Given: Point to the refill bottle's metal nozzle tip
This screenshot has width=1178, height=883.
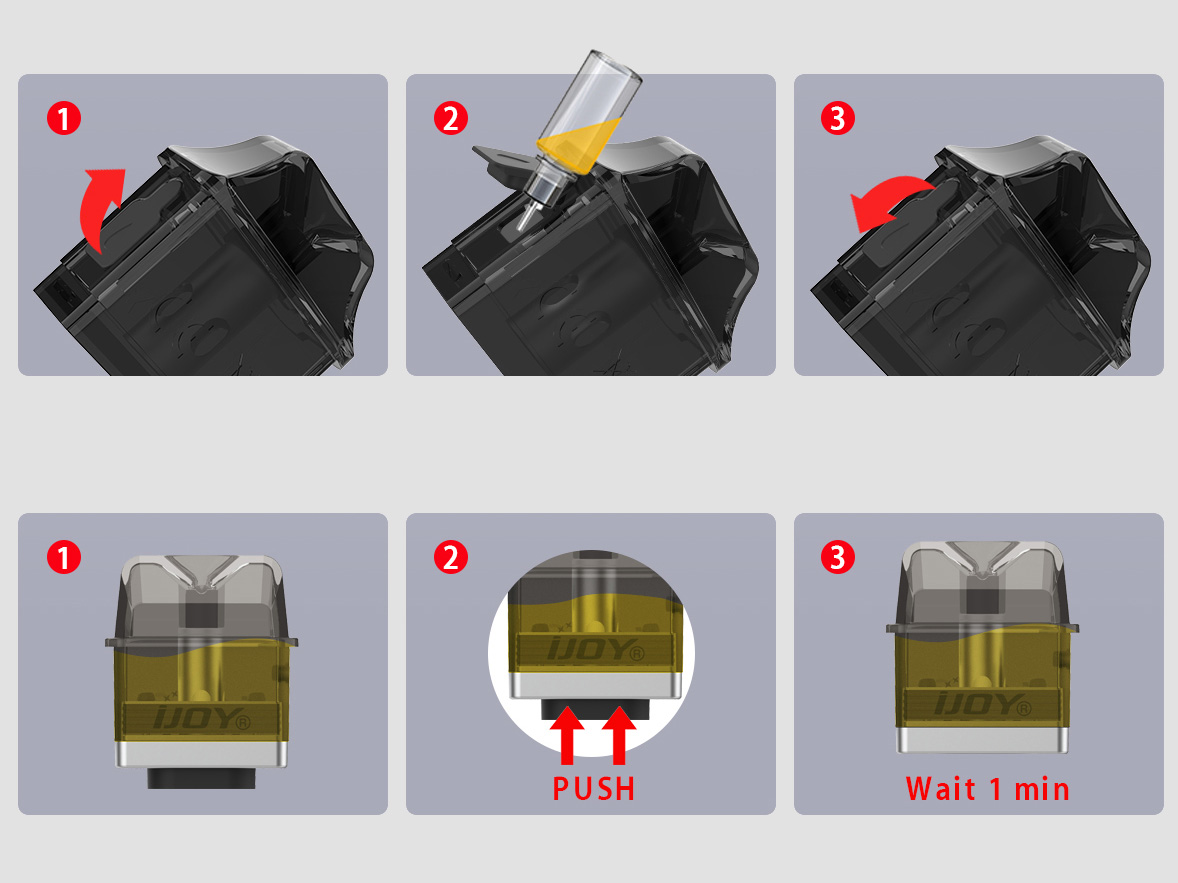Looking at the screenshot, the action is click(x=527, y=217).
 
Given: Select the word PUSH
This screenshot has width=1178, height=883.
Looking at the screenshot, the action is click(x=594, y=788).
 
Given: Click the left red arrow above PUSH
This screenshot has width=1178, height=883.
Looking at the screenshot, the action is click(x=567, y=735).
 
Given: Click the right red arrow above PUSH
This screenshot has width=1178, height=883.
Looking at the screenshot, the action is click(x=619, y=735).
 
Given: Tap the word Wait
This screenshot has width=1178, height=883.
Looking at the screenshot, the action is click(x=941, y=788).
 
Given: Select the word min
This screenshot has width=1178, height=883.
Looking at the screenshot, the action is click(x=1042, y=789).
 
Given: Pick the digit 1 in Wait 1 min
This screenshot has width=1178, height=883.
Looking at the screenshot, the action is click(x=995, y=789).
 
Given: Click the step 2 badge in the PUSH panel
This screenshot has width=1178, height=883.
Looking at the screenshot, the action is click(x=451, y=558).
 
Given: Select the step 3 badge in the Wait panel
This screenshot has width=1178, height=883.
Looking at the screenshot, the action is click(x=838, y=558).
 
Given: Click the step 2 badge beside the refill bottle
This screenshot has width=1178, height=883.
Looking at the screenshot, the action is click(x=451, y=118).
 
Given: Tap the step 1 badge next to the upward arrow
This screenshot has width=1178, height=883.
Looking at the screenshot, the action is click(x=64, y=118).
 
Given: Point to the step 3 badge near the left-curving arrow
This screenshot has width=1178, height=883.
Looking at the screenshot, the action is click(x=838, y=118).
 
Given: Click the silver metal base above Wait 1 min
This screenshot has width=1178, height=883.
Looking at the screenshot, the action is click(x=983, y=739).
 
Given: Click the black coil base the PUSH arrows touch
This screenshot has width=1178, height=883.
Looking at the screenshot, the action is click(x=594, y=709).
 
